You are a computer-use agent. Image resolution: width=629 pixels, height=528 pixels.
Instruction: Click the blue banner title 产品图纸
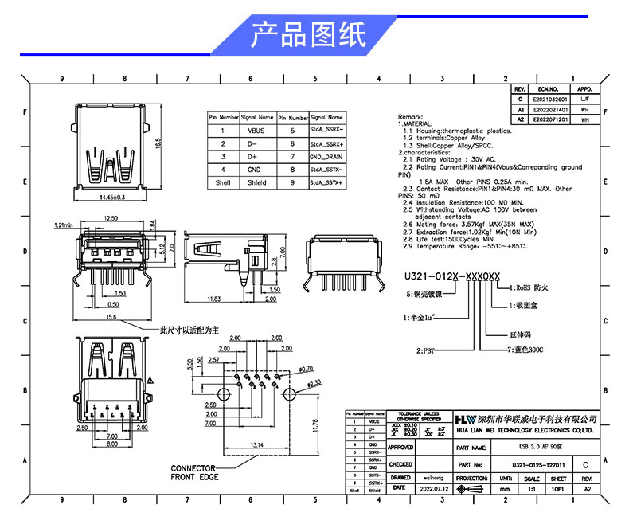tap(307, 35)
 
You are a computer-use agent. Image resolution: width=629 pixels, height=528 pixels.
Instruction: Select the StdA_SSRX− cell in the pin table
tap(326, 130)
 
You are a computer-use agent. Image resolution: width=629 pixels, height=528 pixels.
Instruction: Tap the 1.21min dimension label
tap(63, 225)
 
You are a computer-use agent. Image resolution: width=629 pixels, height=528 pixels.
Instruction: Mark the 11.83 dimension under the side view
tap(213, 299)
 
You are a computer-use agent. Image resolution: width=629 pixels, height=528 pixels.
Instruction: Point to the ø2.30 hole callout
tap(299, 384)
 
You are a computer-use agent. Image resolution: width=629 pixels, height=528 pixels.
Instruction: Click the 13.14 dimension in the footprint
tap(257, 444)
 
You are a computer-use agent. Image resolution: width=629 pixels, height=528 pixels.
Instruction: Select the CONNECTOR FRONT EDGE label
tap(193, 472)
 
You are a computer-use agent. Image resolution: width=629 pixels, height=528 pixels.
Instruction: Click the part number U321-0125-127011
tap(527, 464)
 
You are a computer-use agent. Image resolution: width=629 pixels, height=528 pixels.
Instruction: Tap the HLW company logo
tap(463, 420)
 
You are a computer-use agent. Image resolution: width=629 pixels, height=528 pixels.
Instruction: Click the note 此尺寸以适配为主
tap(189, 329)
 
